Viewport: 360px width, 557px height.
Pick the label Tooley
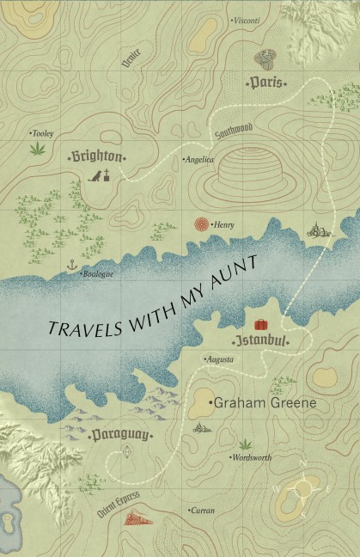click(42, 133)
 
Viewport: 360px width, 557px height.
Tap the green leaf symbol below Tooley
click(37, 149)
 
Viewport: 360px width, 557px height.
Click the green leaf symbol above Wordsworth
click(247, 444)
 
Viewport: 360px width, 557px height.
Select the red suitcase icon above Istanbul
click(260, 326)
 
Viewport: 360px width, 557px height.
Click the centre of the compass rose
click(302, 490)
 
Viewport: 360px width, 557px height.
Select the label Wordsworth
click(251, 457)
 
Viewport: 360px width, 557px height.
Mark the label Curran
click(202, 511)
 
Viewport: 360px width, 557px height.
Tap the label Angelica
click(199, 160)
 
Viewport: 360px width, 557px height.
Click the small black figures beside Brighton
click(101, 176)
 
